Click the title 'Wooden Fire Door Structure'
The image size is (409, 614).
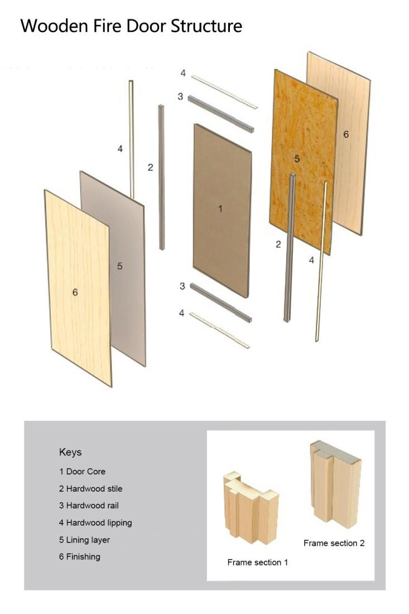tap(131, 26)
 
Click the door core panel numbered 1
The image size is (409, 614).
tap(222, 210)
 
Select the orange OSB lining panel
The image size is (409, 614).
tap(304, 161)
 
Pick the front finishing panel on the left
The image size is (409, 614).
tap(78, 288)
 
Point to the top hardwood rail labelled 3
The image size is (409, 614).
tap(221, 114)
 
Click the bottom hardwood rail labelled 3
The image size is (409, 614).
tap(221, 303)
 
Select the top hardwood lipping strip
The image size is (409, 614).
tap(225, 92)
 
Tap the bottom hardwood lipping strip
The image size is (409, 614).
tap(219, 330)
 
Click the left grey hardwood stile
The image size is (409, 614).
tap(161, 177)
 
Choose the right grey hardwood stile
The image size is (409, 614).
tap(290, 247)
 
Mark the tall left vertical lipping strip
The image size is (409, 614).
tap(132, 140)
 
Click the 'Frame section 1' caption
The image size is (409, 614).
tap(258, 562)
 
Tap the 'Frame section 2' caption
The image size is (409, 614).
tap(334, 543)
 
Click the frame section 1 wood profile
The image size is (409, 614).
tap(251, 507)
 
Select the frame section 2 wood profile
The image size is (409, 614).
tap(335, 484)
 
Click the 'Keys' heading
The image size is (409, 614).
tap(70, 452)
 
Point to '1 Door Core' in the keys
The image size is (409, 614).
tap(82, 472)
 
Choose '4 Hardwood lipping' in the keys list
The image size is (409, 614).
tap(95, 523)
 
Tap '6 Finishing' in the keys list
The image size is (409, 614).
tap(79, 557)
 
